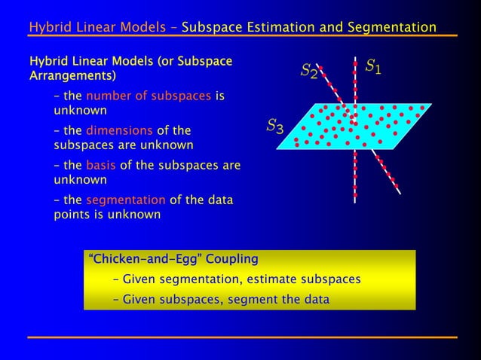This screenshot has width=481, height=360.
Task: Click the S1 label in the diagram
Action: (x=373, y=67)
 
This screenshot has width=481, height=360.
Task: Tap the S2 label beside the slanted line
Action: (x=308, y=72)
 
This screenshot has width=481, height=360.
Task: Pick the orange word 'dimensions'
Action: (x=119, y=130)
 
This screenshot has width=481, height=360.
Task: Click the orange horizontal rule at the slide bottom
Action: (x=241, y=337)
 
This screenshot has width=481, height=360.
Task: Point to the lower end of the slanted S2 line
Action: (x=399, y=194)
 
